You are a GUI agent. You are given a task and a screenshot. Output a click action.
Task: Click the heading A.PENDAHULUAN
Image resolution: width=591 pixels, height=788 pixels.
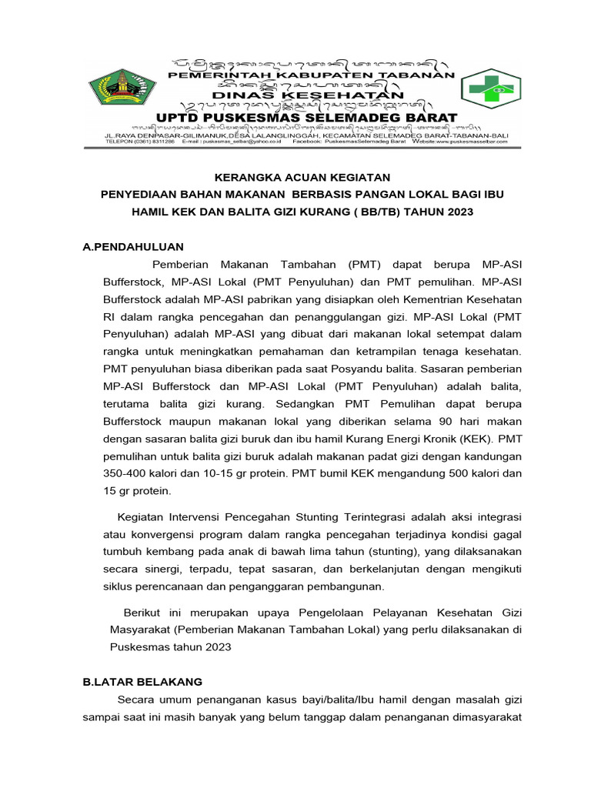132,246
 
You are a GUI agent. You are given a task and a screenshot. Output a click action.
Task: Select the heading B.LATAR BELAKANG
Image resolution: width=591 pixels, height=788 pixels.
142,682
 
